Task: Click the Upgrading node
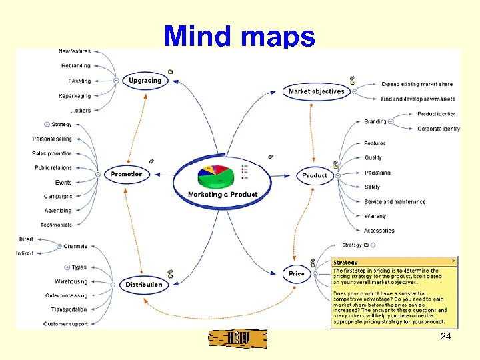[145, 81]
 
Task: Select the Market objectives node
[316, 91]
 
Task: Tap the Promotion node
[126, 174]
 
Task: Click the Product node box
[315, 175]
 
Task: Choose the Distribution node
[143, 285]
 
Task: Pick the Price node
[297, 274]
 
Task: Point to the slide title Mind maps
[239, 36]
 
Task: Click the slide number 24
[445, 337]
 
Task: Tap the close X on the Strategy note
[454, 261]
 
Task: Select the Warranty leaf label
[375, 216]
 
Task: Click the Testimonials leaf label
[55, 225]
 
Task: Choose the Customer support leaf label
[65, 324]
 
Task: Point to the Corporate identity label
[439, 129]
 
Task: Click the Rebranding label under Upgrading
[75, 66]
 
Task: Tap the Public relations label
[53, 168]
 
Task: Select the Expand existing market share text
[417, 84]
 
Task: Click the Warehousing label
[71, 281]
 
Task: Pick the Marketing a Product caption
[222, 195]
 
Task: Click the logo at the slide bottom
[237, 339]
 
